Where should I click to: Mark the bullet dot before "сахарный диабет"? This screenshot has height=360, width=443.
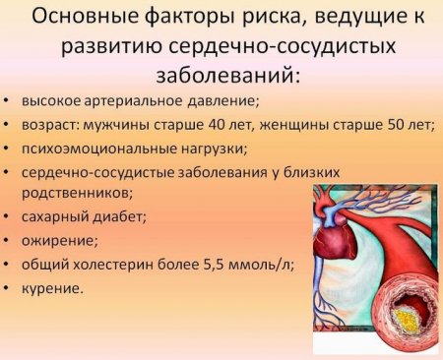pyautogui.click(x=8, y=216)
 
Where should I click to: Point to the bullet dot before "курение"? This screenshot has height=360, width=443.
pyautogui.click(x=8, y=288)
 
